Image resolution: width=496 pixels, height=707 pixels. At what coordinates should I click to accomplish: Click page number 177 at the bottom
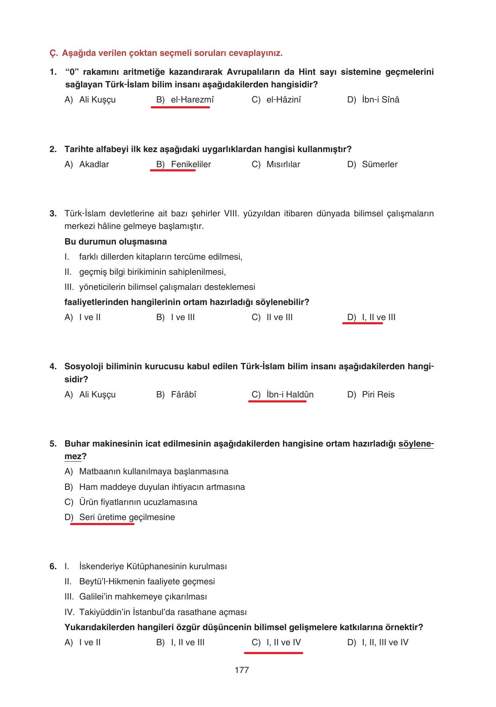click(242, 670)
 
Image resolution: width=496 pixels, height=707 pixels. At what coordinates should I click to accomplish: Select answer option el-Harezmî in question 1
click(192, 100)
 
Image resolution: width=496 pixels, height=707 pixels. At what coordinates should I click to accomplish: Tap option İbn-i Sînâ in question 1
click(380, 100)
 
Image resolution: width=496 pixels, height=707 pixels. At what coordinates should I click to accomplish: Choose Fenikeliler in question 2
click(191, 164)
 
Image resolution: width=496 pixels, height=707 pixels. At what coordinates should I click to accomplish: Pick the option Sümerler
click(379, 164)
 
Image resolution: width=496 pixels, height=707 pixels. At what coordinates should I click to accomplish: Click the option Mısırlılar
click(283, 164)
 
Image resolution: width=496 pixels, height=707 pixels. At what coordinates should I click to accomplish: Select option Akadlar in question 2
click(94, 164)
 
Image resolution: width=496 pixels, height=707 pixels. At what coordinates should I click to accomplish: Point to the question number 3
click(53, 213)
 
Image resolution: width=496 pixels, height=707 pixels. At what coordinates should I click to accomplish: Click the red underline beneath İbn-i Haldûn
click(277, 402)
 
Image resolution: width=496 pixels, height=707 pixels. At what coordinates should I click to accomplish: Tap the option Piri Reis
click(378, 394)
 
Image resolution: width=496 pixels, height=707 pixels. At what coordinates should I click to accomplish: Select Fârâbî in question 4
click(184, 394)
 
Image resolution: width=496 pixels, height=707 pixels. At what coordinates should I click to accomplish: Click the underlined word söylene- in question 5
click(416, 444)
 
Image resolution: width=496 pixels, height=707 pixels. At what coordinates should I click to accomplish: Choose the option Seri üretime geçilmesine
click(127, 517)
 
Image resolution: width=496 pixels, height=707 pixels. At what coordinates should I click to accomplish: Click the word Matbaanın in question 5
click(94, 471)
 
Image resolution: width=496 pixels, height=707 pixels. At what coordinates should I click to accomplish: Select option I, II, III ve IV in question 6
click(385, 642)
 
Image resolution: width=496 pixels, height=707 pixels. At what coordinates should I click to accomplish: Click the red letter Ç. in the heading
click(53, 53)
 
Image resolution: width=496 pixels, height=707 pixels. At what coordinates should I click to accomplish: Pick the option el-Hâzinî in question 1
click(283, 100)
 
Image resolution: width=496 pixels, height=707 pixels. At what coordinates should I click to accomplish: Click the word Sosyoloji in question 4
click(82, 366)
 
